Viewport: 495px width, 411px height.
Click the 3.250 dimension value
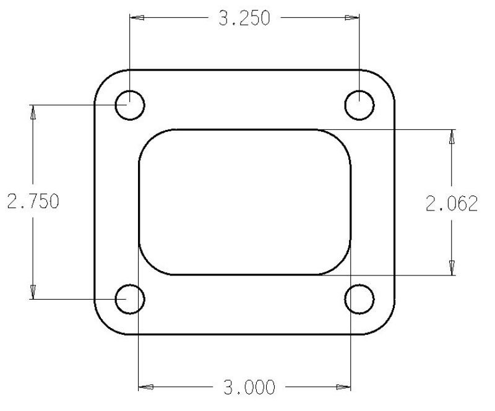pyautogui.click(x=244, y=19)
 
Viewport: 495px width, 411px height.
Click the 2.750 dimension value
pyautogui.click(x=33, y=202)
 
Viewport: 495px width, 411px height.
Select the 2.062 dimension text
pyautogui.click(x=452, y=203)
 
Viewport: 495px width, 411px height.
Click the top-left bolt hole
pyautogui.click(x=131, y=105)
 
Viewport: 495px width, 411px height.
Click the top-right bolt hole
pyautogui.click(x=359, y=105)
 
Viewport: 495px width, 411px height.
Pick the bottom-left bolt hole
pyautogui.click(x=131, y=300)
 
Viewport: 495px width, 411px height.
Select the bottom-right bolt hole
pyautogui.click(x=359, y=300)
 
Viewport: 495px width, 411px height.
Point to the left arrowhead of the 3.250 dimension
pyautogui.click(x=137, y=19)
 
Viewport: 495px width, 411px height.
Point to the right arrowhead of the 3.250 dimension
pyautogui.click(x=353, y=19)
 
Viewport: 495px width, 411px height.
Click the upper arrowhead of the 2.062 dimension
pyautogui.click(x=452, y=137)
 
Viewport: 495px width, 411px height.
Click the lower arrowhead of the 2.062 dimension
pyautogui.click(x=452, y=267)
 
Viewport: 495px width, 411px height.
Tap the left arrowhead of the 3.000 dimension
pyautogui.click(x=145, y=388)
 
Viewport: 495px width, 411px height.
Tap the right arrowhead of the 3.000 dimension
pyautogui.click(x=343, y=388)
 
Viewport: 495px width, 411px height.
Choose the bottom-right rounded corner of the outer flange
pyautogui.click(x=386, y=326)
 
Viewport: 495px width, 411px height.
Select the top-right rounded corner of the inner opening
pyautogui.click(x=342, y=139)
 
